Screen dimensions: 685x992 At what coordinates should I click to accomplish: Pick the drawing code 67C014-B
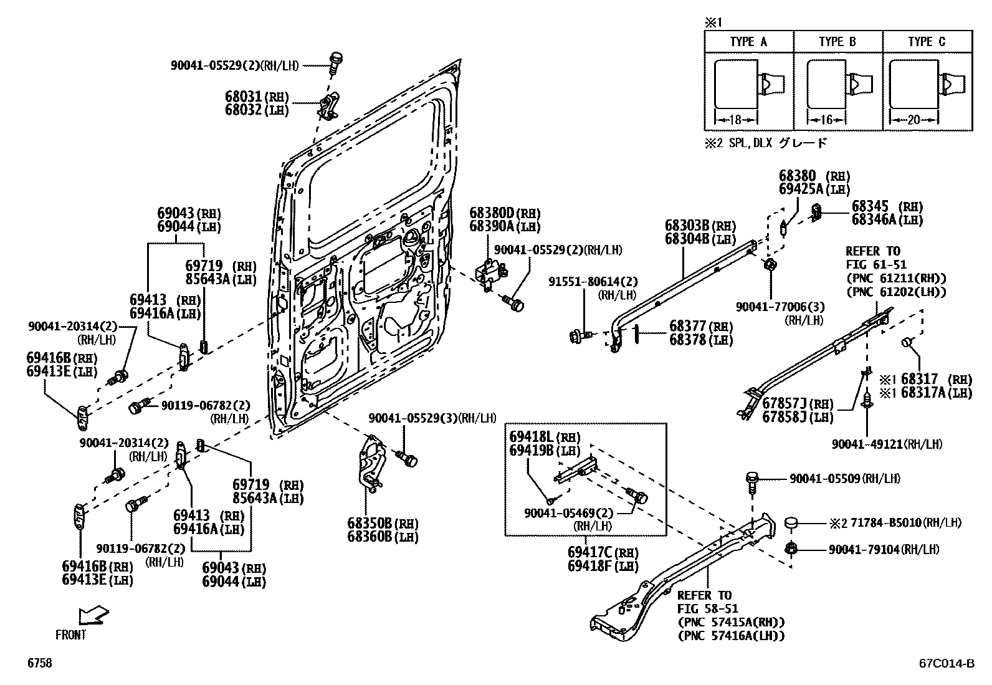click(x=946, y=664)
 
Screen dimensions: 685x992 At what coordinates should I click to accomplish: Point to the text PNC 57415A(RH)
click(x=731, y=622)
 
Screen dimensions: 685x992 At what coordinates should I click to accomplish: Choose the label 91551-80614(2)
click(x=593, y=282)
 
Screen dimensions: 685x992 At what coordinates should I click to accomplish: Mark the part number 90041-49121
click(x=866, y=444)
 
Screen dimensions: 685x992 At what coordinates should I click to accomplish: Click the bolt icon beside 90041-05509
click(x=752, y=482)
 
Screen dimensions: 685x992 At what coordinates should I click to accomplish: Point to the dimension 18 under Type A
click(x=735, y=120)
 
